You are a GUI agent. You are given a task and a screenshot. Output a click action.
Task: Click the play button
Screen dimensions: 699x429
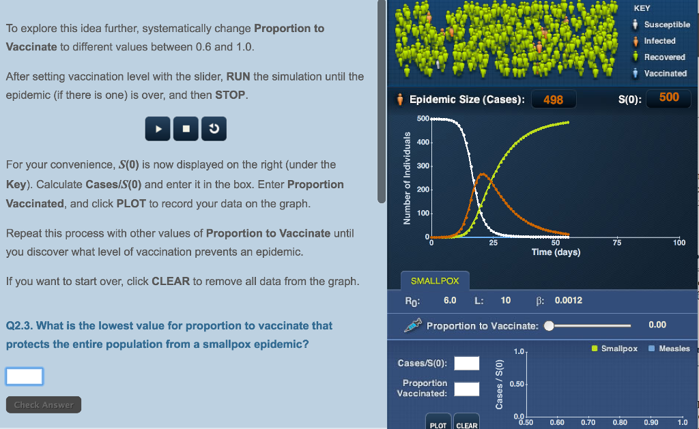pos(158,129)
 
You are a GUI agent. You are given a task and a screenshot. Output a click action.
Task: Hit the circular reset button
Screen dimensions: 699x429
pos(214,129)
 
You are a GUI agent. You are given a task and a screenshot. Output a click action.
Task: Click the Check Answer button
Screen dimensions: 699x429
pos(44,404)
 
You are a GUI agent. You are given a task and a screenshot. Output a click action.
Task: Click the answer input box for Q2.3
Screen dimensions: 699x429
pos(25,376)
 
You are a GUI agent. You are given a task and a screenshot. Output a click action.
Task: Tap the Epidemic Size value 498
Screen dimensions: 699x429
pos(553,100)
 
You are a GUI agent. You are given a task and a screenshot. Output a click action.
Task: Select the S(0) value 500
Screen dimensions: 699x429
pos(669,98)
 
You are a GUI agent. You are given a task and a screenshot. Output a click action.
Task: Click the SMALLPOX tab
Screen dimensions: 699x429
pos(435,280)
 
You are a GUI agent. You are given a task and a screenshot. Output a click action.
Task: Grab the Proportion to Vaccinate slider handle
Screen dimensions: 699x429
pos(550,325)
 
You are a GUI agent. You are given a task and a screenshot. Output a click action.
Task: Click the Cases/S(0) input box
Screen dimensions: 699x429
pos(467,363)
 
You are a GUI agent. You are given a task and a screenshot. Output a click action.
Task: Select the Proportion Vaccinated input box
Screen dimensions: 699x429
pos(467,389)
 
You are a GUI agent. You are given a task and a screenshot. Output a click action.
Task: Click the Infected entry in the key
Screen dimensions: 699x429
pos(654,41)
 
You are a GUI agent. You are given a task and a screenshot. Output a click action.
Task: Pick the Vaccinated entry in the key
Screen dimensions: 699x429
pos(660,74)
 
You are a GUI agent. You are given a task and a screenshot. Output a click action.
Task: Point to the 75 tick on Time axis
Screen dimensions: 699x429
pos(617,243)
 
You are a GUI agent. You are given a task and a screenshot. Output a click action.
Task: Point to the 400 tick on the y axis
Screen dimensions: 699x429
pos(423,142)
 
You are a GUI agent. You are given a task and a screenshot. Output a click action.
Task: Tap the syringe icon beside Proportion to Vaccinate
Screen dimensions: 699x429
pos(413,325)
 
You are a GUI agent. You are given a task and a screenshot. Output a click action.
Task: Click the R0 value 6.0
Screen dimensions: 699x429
pos(450,300)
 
